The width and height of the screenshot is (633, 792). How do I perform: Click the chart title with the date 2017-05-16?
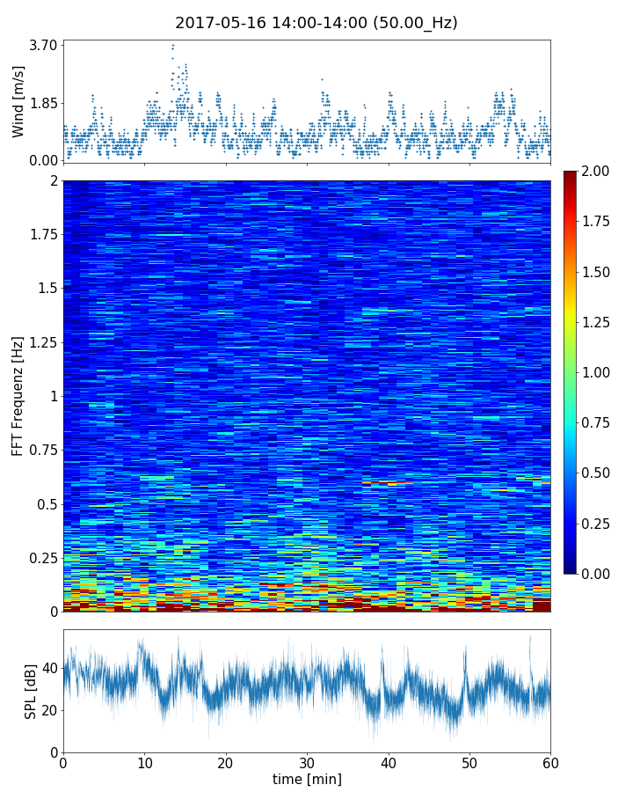316,23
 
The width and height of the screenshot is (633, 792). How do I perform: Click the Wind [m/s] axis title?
18,103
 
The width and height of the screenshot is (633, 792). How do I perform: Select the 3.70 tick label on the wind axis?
42,45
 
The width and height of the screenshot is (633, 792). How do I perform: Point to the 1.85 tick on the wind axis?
42,102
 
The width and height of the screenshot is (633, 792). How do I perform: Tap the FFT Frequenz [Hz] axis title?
18,396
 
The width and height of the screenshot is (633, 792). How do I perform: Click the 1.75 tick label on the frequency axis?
40,234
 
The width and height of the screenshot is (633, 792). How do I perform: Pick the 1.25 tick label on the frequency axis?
40,342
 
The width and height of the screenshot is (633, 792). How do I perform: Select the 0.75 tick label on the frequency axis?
40,451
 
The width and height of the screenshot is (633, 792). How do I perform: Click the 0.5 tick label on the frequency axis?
46,504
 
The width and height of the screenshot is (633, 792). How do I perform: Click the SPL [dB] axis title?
31,691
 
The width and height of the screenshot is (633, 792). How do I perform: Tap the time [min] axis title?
307,779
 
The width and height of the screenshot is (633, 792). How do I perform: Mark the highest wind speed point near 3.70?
173,45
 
